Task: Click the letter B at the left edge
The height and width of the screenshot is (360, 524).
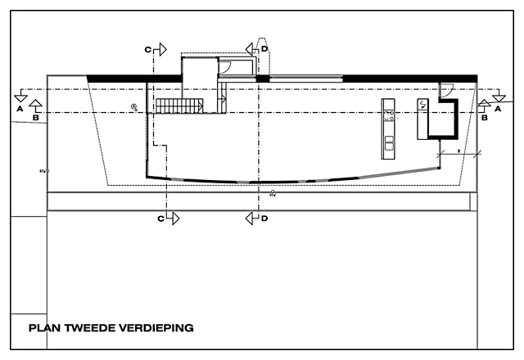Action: (35, 118)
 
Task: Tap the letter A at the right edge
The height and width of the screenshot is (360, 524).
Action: (499, 106)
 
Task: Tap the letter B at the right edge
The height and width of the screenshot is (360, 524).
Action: (485, 118)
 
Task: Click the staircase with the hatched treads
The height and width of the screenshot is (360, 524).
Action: (179, 106)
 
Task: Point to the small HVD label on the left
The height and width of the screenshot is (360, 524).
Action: (44, 172)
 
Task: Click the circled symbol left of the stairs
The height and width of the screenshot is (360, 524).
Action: (134, 106)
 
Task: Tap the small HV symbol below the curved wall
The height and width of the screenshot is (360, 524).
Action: (273, 193)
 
